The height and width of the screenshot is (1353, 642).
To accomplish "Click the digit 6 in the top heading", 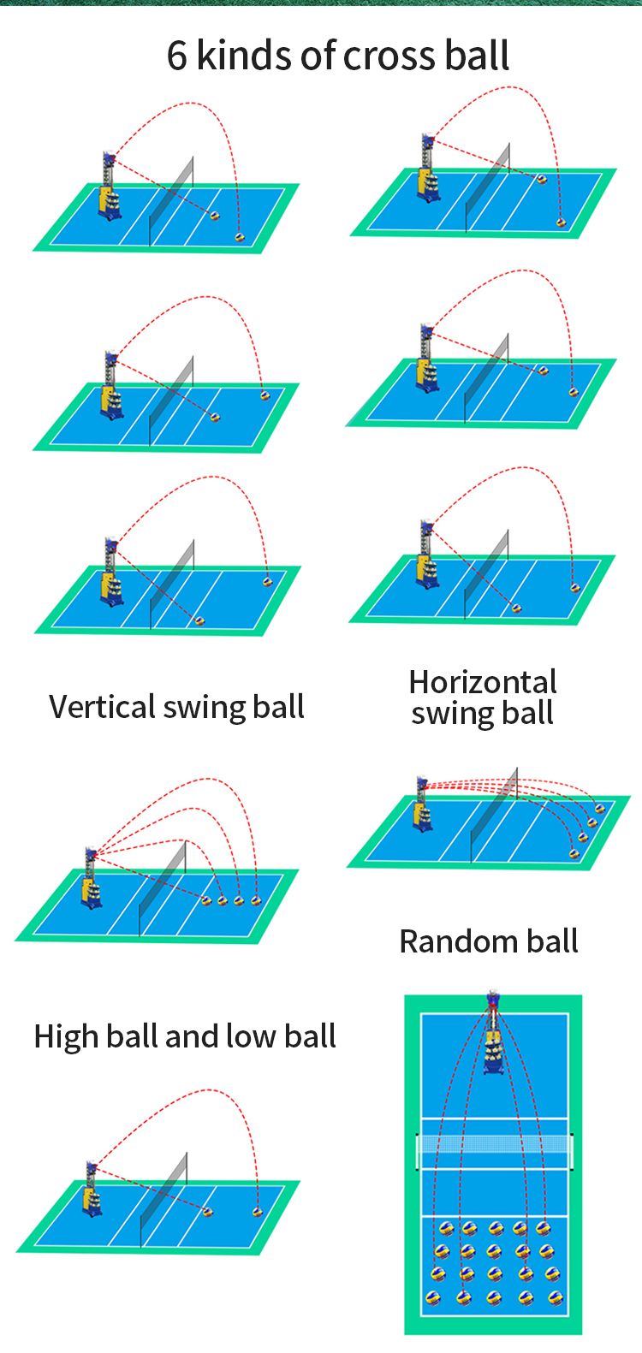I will click(176, 56).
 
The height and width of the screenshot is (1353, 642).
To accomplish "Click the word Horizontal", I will click(483, 682).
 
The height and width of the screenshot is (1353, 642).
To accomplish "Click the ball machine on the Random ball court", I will click(492, 1040).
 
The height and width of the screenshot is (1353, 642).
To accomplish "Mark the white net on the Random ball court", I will click(494, 1144).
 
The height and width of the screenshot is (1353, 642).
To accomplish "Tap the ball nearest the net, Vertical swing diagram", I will click(205, 900).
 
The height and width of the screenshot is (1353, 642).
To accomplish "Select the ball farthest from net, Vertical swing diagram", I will click(256, 900).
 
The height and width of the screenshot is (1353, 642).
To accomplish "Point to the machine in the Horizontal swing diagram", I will click(422, 804).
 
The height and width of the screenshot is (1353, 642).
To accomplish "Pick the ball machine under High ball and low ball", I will click(91, 1190).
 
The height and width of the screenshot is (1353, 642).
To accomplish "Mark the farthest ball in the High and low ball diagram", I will click(257, 1211).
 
